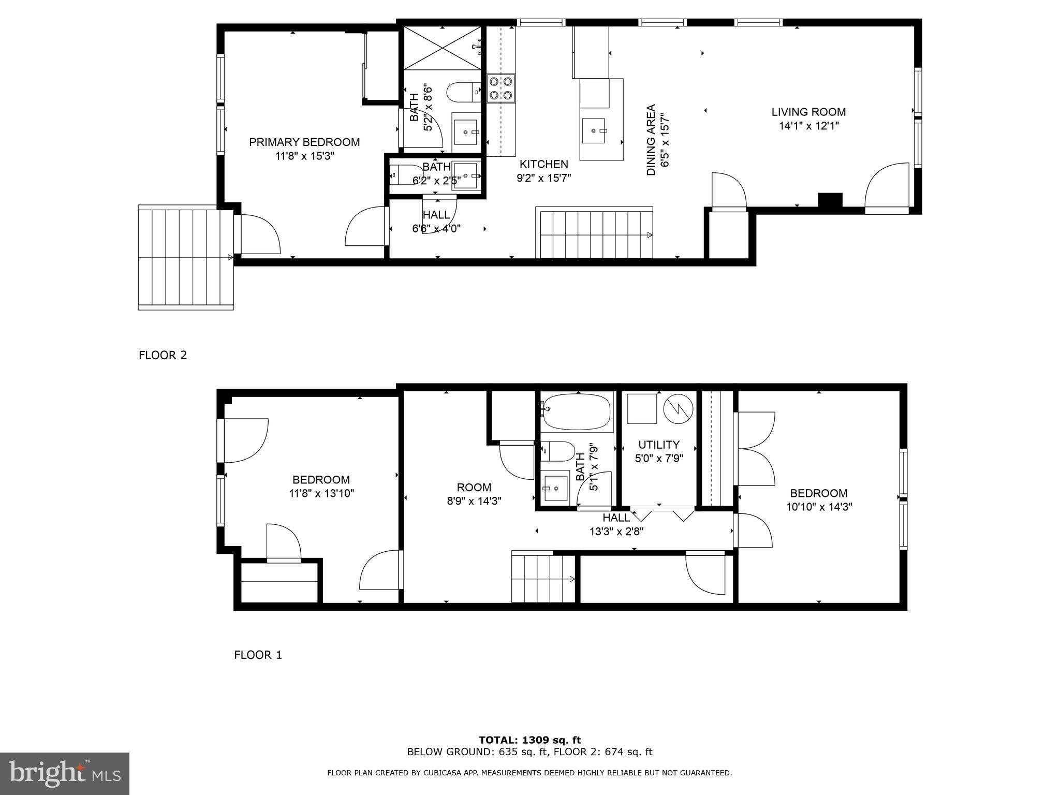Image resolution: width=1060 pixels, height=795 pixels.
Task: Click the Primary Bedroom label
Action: (304, 142)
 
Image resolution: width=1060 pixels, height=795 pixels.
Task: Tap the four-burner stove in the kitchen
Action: (501, 88)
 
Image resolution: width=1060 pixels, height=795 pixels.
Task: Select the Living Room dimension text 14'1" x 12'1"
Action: (808, 125)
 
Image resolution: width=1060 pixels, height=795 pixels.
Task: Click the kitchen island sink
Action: (594, 130)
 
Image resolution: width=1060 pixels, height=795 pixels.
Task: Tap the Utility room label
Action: (658, 445)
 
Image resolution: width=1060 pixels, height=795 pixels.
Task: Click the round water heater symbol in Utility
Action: (678, 408)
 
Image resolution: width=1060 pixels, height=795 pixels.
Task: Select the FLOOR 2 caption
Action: (163, 355)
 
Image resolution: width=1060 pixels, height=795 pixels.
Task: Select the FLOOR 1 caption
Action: (258, 655)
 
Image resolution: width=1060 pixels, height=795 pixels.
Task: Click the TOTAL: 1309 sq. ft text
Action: (529, 740)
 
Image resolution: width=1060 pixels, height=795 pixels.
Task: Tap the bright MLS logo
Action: (65, 773)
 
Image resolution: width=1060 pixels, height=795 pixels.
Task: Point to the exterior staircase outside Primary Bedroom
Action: (185, 257)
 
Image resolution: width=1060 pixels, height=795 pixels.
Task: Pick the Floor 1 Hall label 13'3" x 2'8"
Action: (616, 524)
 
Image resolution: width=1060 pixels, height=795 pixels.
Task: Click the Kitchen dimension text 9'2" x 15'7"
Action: (543, 178)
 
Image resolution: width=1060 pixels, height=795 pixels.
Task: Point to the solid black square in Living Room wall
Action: (830, 201)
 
